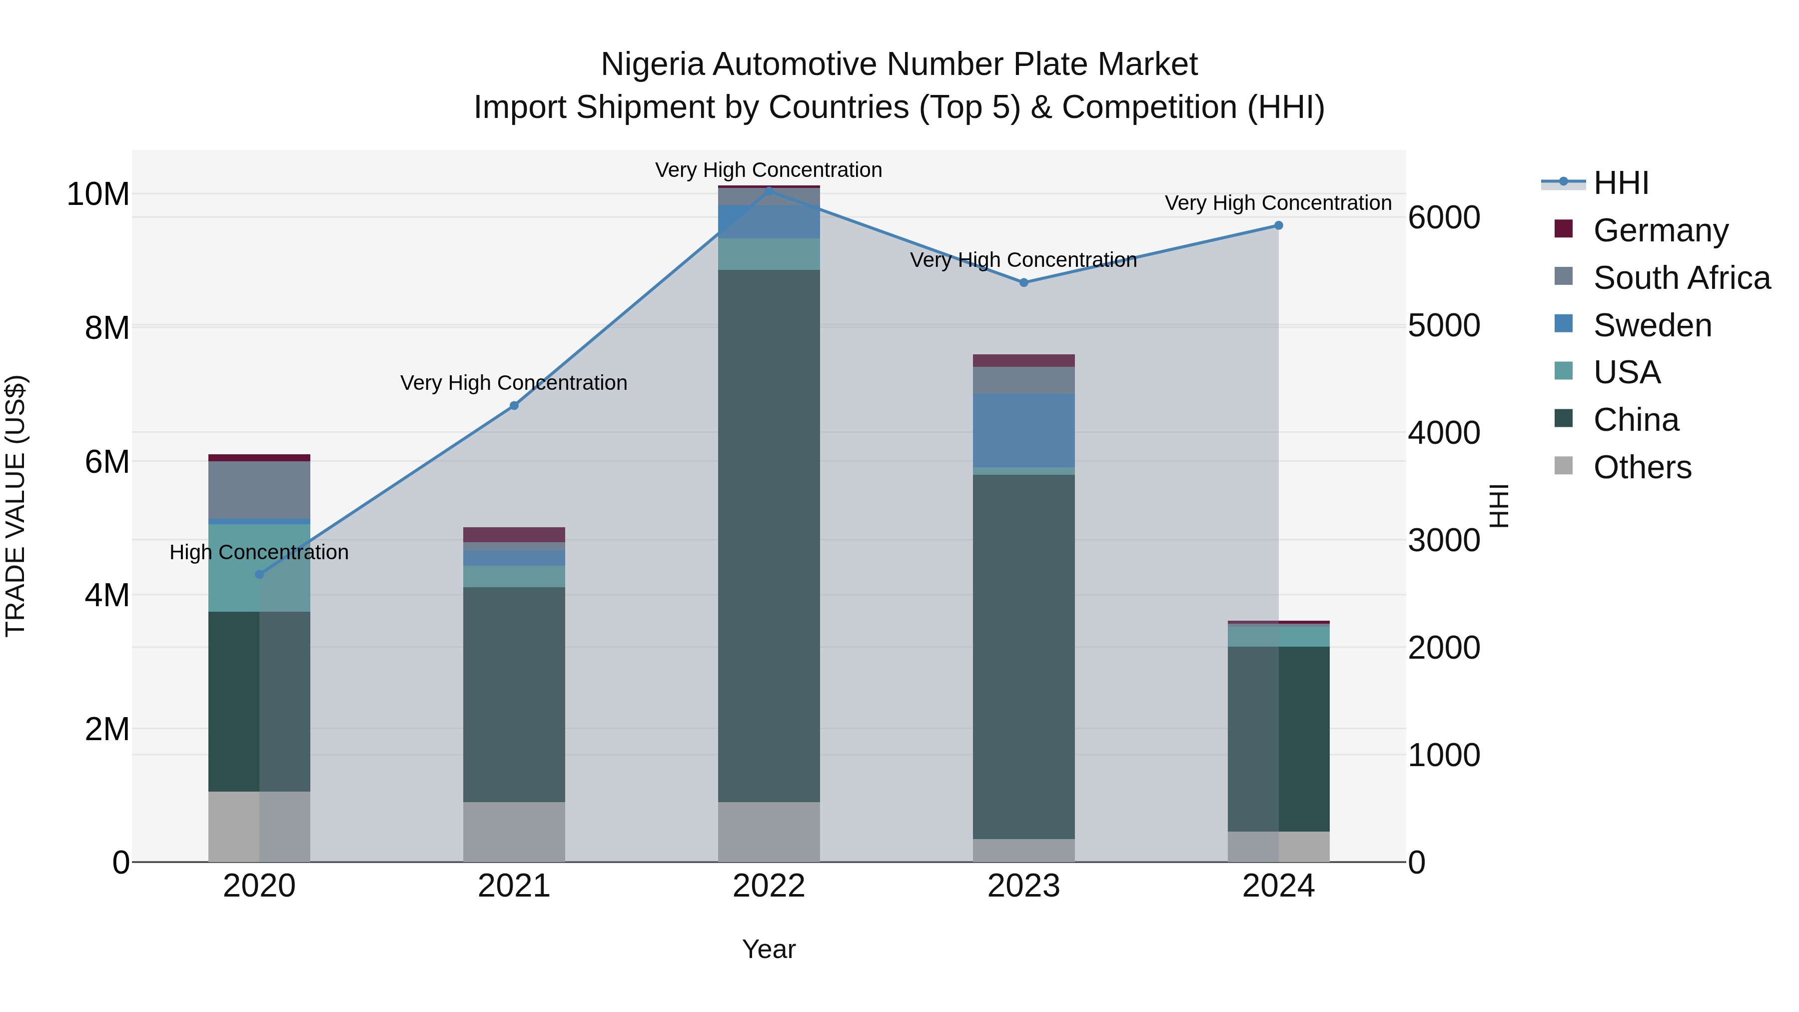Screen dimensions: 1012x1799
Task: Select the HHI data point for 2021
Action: point(514,406)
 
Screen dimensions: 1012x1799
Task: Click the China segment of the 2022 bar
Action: point(769,536)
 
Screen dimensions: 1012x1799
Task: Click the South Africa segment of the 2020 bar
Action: point(259,490)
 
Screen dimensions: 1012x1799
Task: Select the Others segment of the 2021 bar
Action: point(514,831)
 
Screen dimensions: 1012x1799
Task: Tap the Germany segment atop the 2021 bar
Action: point(514,534)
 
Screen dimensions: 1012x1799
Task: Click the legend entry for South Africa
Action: point(1681,278)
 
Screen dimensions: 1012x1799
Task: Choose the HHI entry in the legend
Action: point(1620,183)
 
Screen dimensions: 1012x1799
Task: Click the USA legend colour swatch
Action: point(1564,371)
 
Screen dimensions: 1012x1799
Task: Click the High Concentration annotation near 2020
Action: point(259,552)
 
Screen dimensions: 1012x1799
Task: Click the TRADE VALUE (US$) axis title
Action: point(16,506)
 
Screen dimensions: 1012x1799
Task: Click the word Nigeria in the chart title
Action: point(652,65)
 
